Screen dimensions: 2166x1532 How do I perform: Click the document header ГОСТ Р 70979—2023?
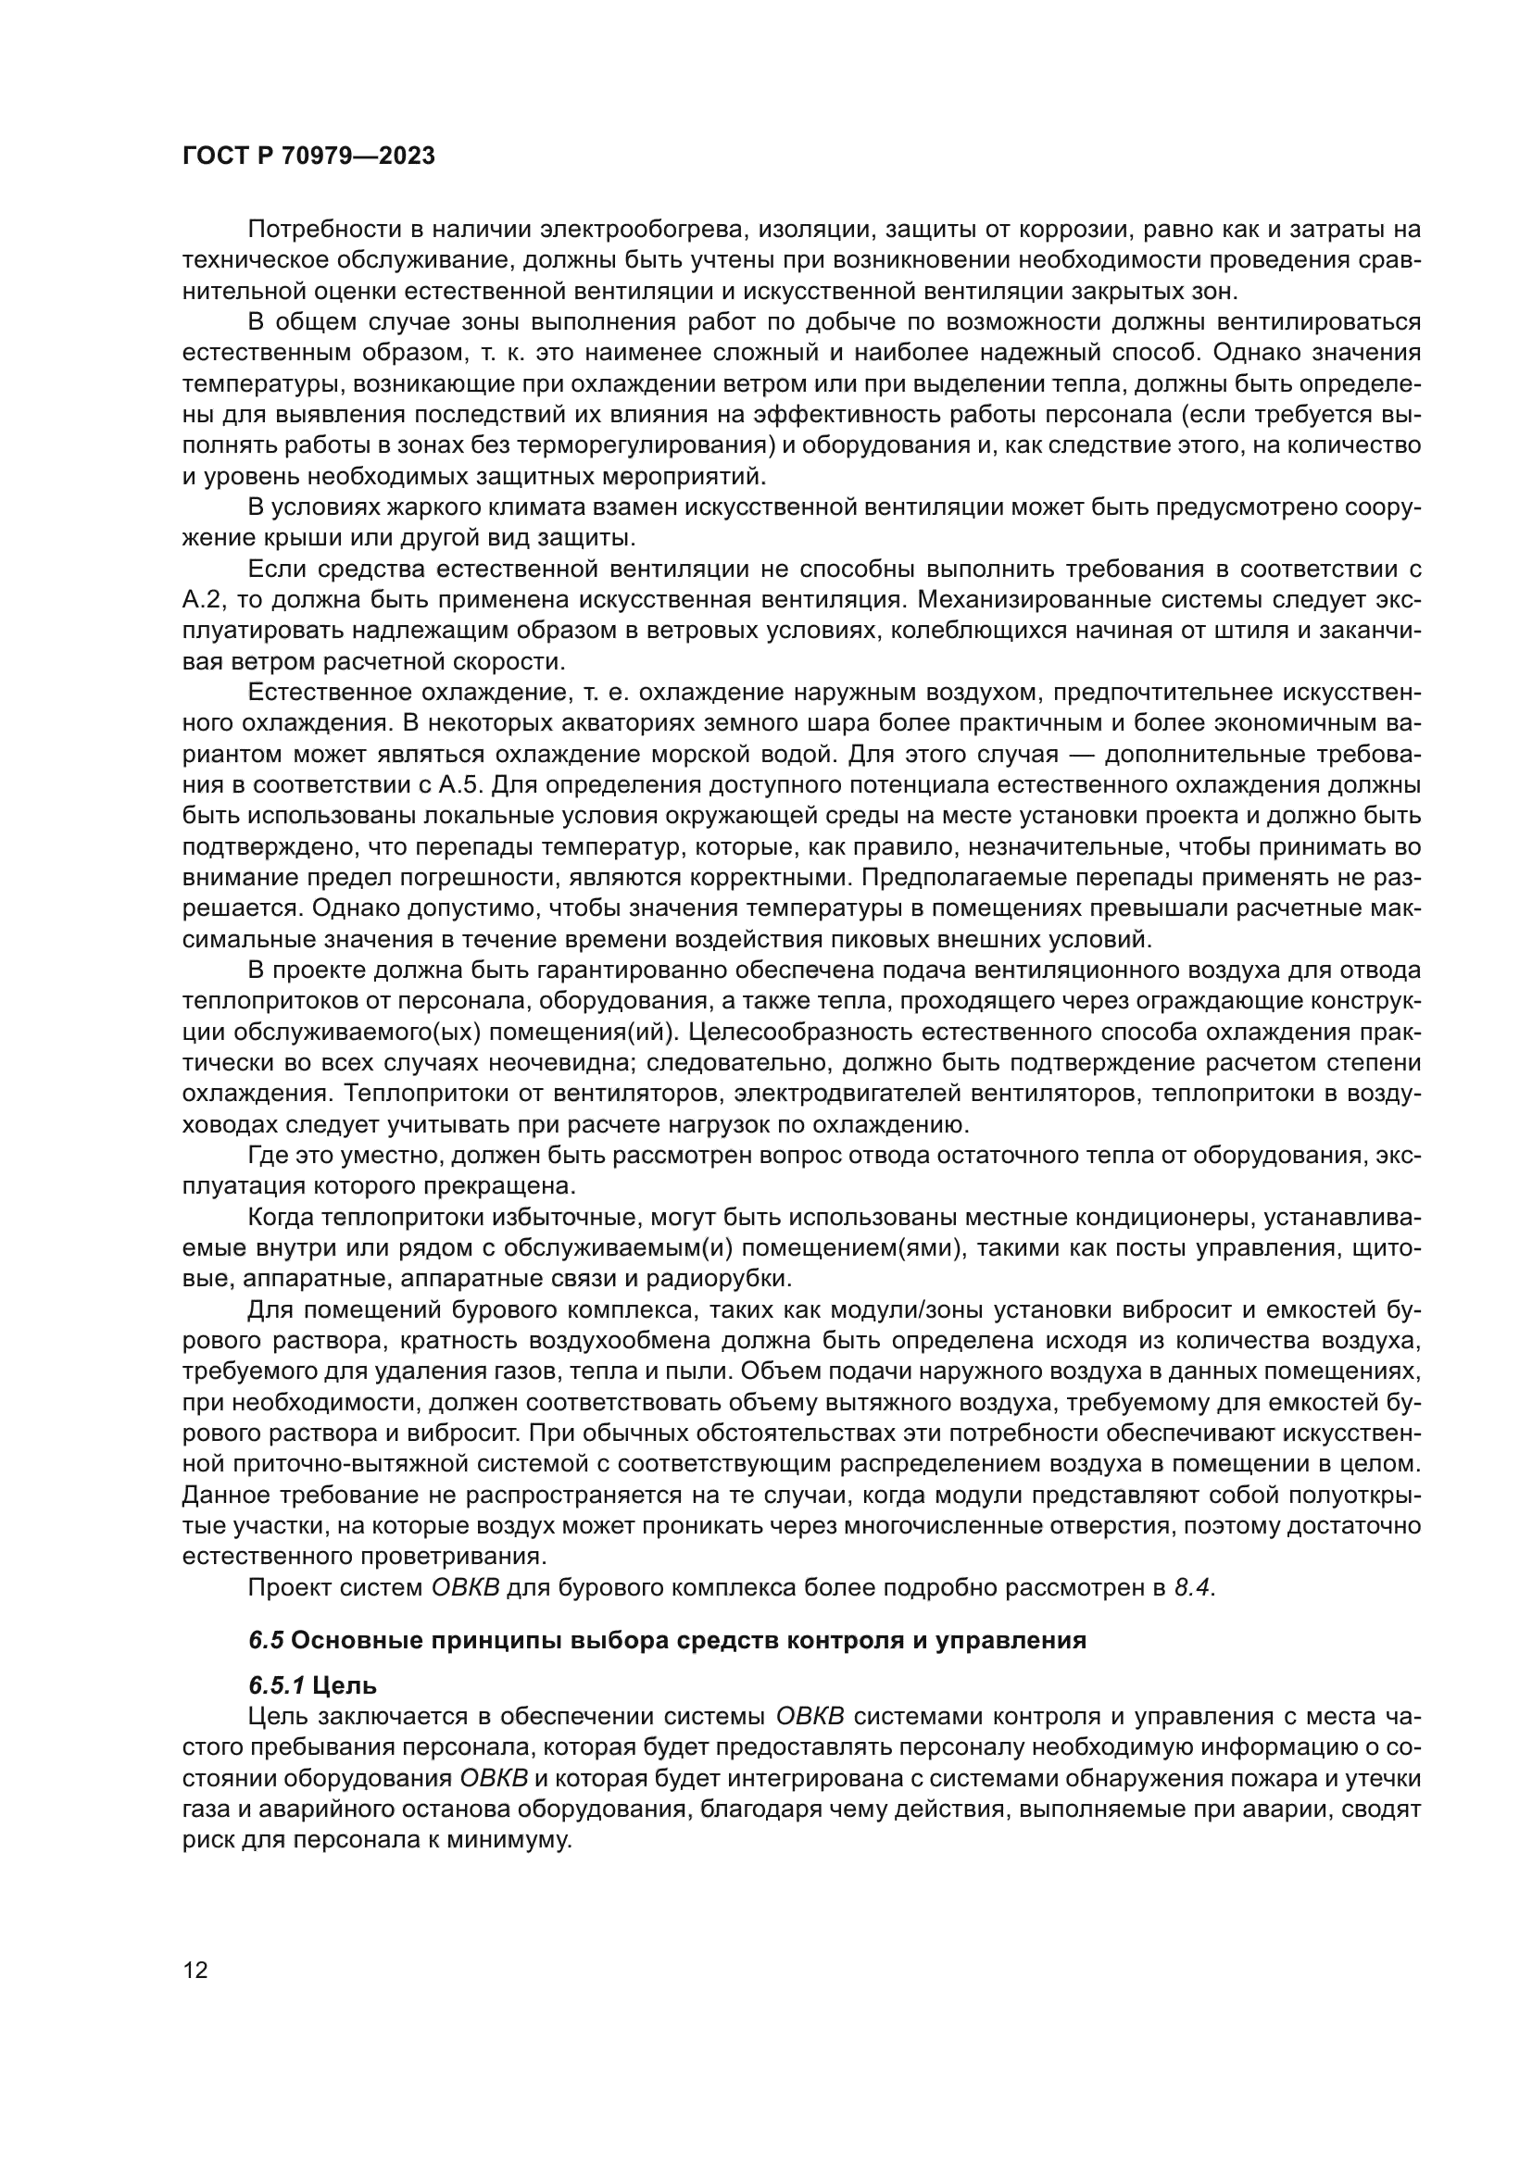(x=308, y=157)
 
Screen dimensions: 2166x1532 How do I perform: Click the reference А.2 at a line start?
(x=201, y=599)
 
